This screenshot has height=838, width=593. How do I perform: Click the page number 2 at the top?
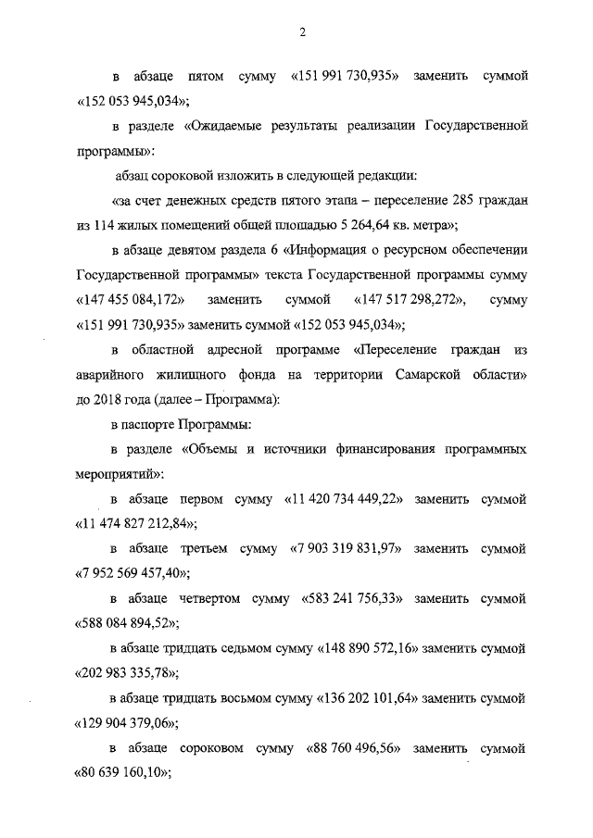coord(302,33)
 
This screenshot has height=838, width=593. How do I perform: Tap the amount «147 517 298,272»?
coord(410,300)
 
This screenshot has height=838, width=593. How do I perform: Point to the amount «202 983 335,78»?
coord(122,673)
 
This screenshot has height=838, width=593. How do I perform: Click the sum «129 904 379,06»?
coord(122,723)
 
